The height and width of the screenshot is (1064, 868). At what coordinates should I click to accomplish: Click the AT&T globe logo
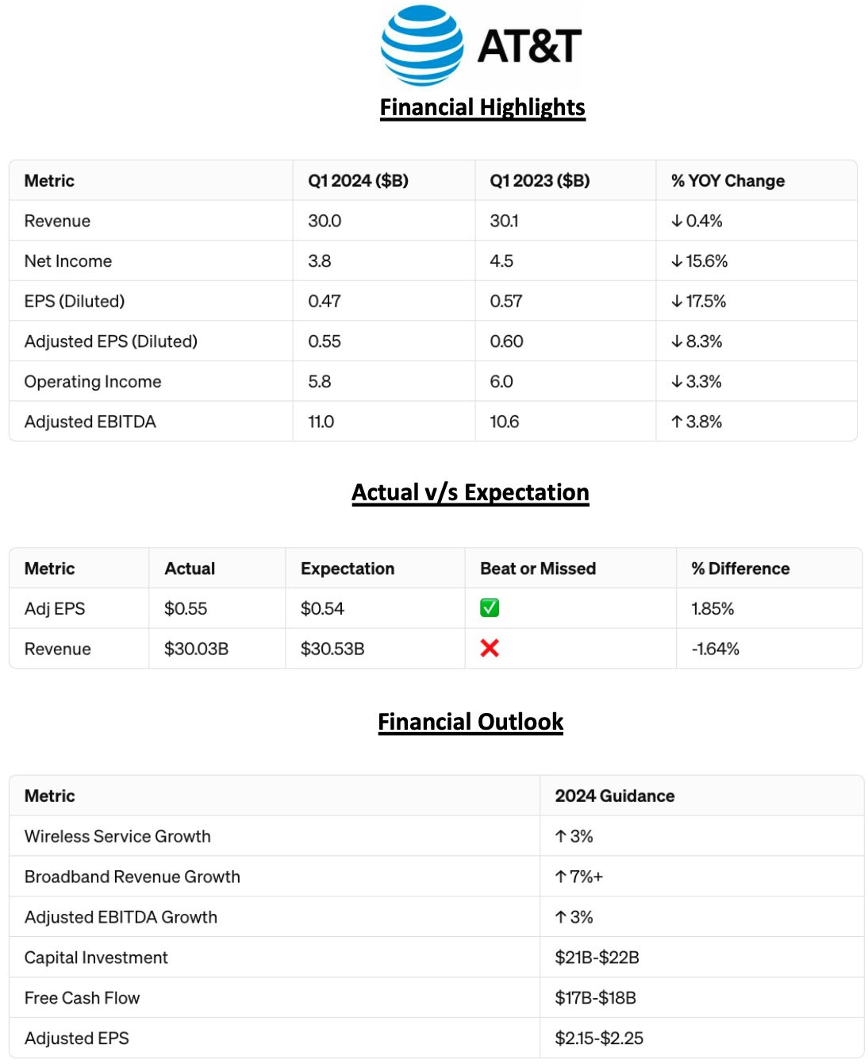click(x=422, y=45)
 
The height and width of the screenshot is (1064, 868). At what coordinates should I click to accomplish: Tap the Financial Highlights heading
click(x=482, y=107)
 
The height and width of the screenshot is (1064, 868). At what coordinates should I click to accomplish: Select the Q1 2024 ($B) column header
click(x=358, y=181)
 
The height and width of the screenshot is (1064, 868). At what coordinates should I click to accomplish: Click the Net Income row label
click(x=68, y=261)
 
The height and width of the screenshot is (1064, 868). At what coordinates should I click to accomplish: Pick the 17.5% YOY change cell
click(x=699, y=302)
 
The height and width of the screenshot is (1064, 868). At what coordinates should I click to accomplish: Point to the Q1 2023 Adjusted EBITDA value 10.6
click(x=505, y=422)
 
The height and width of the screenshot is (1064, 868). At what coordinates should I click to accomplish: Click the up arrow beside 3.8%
click(x=677, y=422)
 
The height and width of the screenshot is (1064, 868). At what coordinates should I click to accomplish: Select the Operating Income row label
click(x=93, y=382)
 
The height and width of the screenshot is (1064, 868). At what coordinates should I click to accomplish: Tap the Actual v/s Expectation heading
click(x=470, y=492)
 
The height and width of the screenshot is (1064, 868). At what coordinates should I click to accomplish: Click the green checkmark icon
click(x=490, y=608)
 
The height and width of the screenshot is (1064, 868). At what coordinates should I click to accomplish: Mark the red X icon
click(x=490, y=649)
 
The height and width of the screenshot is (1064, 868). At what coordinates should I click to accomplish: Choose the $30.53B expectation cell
click(x=332, y=649)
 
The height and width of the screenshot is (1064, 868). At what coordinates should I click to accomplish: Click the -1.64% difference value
click(x=715, y=649)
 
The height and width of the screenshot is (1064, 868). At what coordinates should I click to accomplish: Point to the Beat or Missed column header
click(x=538, y=569)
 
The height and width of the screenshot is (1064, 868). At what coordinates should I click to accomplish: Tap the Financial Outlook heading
click(x=470, y=722)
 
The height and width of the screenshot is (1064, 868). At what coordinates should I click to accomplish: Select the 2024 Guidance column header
click(x=615, y=796)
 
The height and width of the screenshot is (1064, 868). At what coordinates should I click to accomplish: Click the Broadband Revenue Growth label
click(x=133, y=877)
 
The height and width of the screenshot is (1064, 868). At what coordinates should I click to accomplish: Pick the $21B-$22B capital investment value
click(x=597, y=958)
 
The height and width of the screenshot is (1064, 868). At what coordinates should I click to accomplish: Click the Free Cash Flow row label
click(x=83, y=998)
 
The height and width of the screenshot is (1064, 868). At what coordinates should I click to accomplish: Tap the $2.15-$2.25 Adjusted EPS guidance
click(x=599, y=1039)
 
